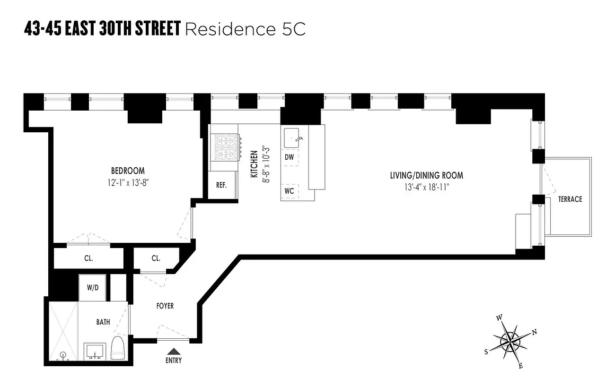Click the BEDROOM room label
click(x=128, y=171)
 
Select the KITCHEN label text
click(x=254, y=164)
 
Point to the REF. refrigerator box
click(x=221, y=185)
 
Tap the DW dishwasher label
click(x=289, y=157)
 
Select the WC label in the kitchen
click(x=290, y=191)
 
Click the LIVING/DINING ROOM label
click(x=426, y=175)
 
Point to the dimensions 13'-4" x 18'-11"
click(x=426, y=187)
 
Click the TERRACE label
click(x=570, y=199)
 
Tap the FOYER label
click(x=165, y=306)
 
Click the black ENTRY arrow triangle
click(x=174, y=351)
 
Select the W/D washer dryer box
click(x=93, y=288)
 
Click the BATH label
click(x=103, y=322)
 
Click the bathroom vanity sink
click(x=95, y=351)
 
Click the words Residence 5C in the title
click(x=245, y=29)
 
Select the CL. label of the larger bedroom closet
click(x=88, y=258)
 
